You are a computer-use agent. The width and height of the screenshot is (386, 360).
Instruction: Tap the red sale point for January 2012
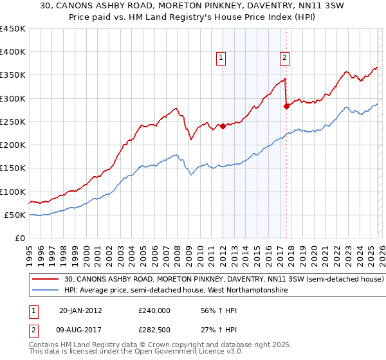223,127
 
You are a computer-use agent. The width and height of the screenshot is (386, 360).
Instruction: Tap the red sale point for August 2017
286,107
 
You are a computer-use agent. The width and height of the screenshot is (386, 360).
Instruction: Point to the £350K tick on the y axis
13,75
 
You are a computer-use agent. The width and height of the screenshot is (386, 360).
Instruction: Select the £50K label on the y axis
15,215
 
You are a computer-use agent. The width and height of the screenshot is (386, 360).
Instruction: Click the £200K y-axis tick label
13,145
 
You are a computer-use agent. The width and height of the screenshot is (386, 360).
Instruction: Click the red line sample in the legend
46,280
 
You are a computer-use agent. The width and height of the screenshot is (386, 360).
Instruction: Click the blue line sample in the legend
46,291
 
